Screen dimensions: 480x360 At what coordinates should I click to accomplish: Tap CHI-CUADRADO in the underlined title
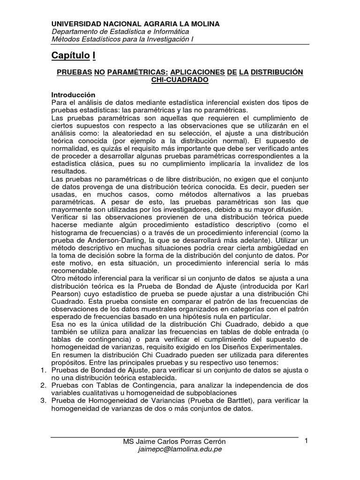[180, 80]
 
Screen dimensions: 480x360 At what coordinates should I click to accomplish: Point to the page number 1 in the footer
[306, 441]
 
